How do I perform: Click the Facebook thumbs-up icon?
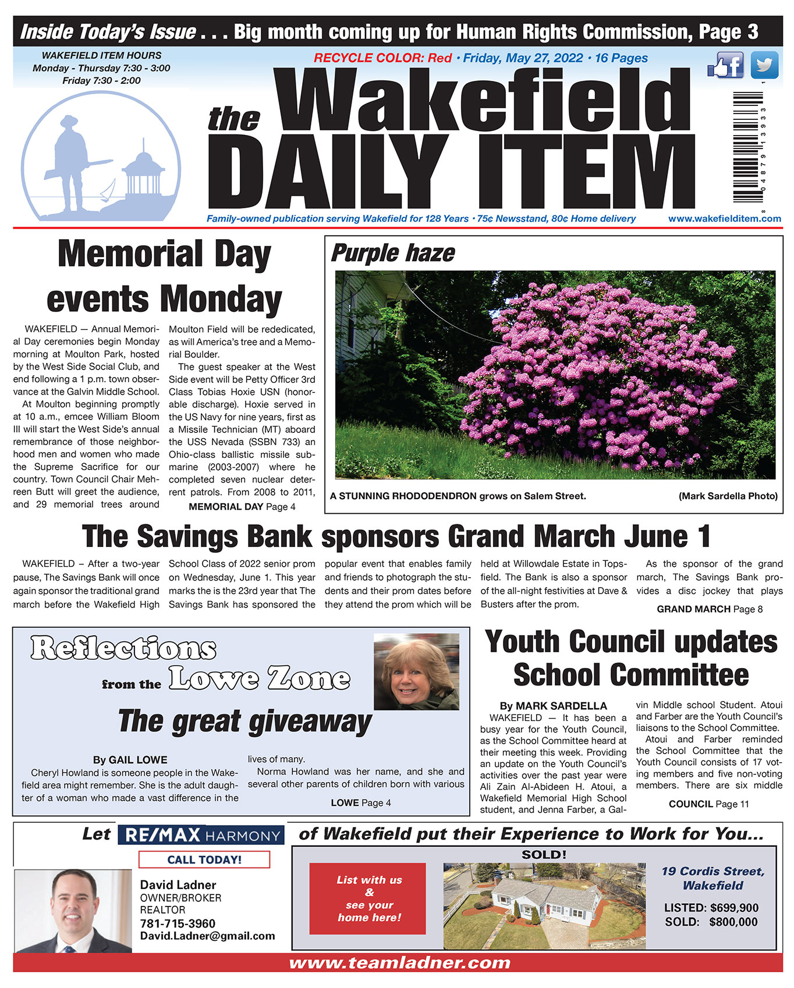(725, 65)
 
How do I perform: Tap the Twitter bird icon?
(764, 65)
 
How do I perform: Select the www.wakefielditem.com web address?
(724, 219)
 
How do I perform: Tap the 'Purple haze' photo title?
(393, 254)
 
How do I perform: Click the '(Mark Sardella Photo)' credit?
(728, 496)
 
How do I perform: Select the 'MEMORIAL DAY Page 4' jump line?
(242, 507)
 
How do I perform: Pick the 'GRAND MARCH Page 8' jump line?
(709, 609)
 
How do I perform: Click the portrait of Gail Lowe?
(416, 671)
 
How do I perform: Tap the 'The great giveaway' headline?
(244, 722)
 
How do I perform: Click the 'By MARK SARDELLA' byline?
(553, 706)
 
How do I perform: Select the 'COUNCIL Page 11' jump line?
(708, 804)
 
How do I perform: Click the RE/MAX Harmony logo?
(201, 836)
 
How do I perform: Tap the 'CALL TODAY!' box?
(204, 859)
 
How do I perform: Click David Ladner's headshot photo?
(73, 911)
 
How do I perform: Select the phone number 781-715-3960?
(178, 923)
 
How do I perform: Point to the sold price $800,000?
(733, 922)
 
